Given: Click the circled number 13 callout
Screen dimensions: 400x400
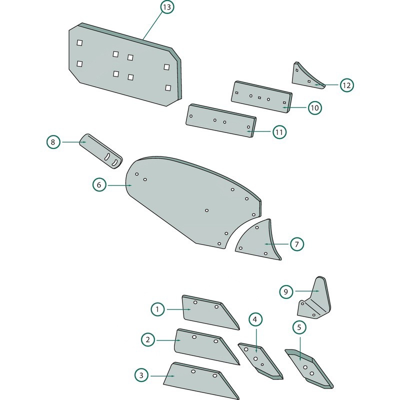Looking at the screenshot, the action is (x=167, y=7).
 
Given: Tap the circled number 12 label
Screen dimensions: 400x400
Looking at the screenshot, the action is (x=346, y=85).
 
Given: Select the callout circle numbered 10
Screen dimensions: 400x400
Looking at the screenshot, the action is (x=315, y=108).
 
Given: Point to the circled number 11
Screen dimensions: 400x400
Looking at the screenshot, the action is (x=279, y=132).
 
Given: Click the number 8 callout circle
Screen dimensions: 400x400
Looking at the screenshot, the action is (x=53, y=142).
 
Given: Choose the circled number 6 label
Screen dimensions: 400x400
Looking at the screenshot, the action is (x=99, y=184).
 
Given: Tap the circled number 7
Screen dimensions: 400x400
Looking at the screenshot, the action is (x=296, y=244).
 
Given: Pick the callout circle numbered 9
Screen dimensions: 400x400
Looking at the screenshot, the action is (x=286, y=291).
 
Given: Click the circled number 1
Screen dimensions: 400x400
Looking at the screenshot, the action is (x=157, y=309).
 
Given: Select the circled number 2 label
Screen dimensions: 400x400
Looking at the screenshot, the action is (x=148, y=339).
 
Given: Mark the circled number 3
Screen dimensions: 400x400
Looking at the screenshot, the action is (x=141, y=375).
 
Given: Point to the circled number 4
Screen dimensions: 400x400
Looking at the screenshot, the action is (x=255, y=319).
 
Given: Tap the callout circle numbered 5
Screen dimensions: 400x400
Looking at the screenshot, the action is (x=299, y=327).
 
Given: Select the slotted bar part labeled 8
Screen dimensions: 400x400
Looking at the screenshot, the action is (x=101, y=151).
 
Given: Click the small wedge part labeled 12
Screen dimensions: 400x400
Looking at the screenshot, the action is (x=307, y=76).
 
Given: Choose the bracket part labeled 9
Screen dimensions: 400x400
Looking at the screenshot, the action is (x=315, y=298).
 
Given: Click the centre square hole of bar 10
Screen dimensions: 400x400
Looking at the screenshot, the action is (x=259, y=97).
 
